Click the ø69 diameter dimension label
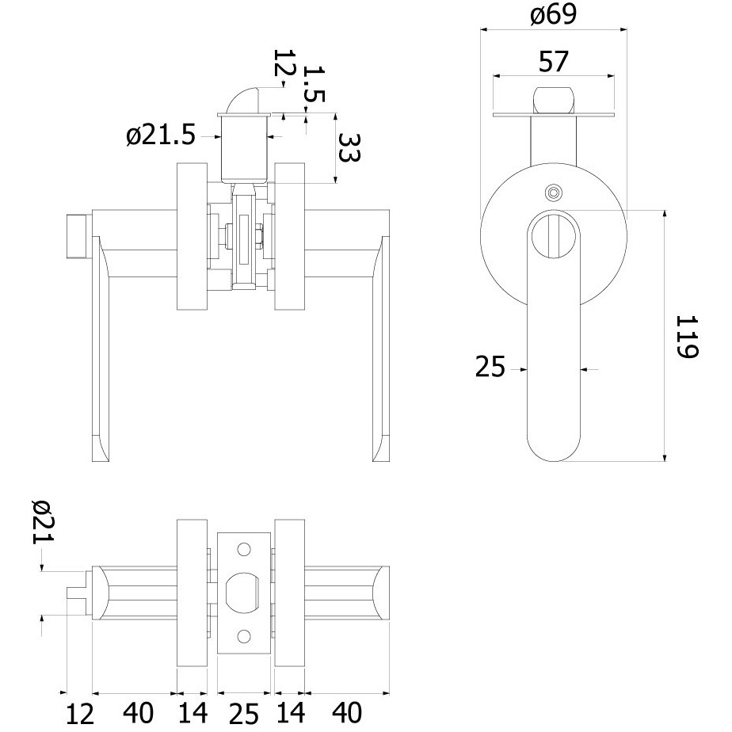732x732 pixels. (x=554, y=14)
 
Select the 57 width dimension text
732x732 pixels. (x=554, y=61)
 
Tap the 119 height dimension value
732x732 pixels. (x=688, y=336)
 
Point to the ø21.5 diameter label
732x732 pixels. (x=160, y=135)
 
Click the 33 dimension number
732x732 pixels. (x=349, y=147)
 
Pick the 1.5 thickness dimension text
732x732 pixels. (x=314, y=83)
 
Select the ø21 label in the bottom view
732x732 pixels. (x=43, y=521)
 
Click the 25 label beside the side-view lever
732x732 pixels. (x=490, y=367)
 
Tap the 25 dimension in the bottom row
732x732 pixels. (x=244, y=715)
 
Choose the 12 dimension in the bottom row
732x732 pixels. (x=80, y=715)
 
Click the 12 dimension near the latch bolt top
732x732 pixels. (x=284, y=63)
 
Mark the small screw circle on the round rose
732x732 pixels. (x=554, y=193)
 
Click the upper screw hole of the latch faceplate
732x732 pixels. (x=244, y=550)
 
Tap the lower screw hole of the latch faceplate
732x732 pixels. (x=244, y=636)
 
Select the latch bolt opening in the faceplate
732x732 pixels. (x=242, y=593)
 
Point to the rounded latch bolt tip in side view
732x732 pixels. (x=554, y=99)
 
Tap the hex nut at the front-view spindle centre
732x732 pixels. (x=229, y=236)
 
